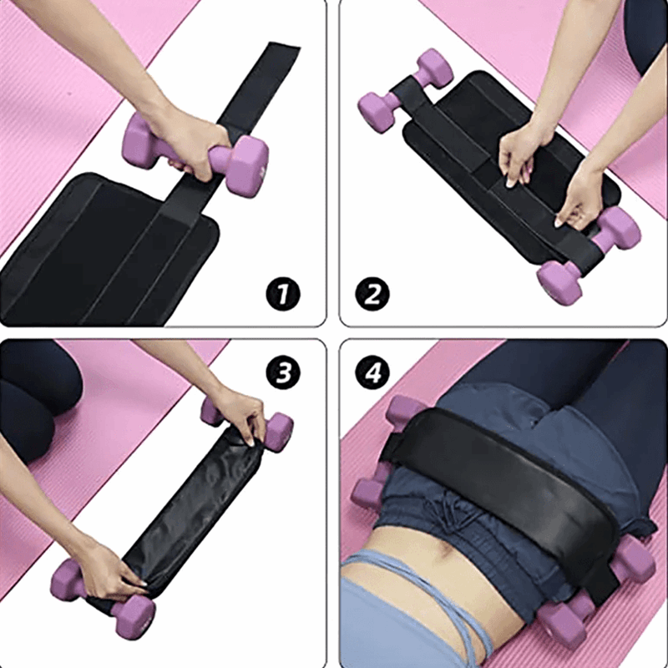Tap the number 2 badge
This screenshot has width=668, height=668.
[x=373, y=294]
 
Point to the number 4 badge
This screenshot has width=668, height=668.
[x=373, y=373]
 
